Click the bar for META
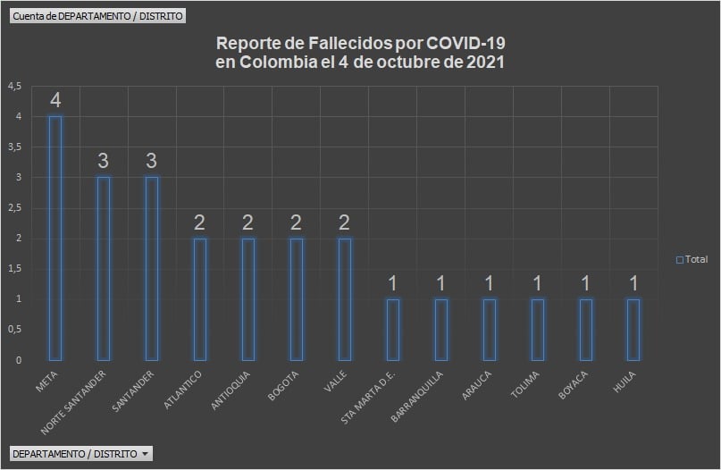point(55,238)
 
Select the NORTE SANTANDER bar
point(104,268)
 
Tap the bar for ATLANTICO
point(200,298)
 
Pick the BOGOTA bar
point(297,298)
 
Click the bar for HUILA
point(633,329)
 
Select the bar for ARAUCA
point(489,329)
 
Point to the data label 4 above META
point(55,99)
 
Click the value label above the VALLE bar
point(345,222)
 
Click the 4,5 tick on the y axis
point(14,87)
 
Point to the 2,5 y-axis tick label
point(14,208)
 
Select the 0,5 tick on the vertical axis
point(14,330)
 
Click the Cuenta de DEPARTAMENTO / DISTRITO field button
point(98,17)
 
